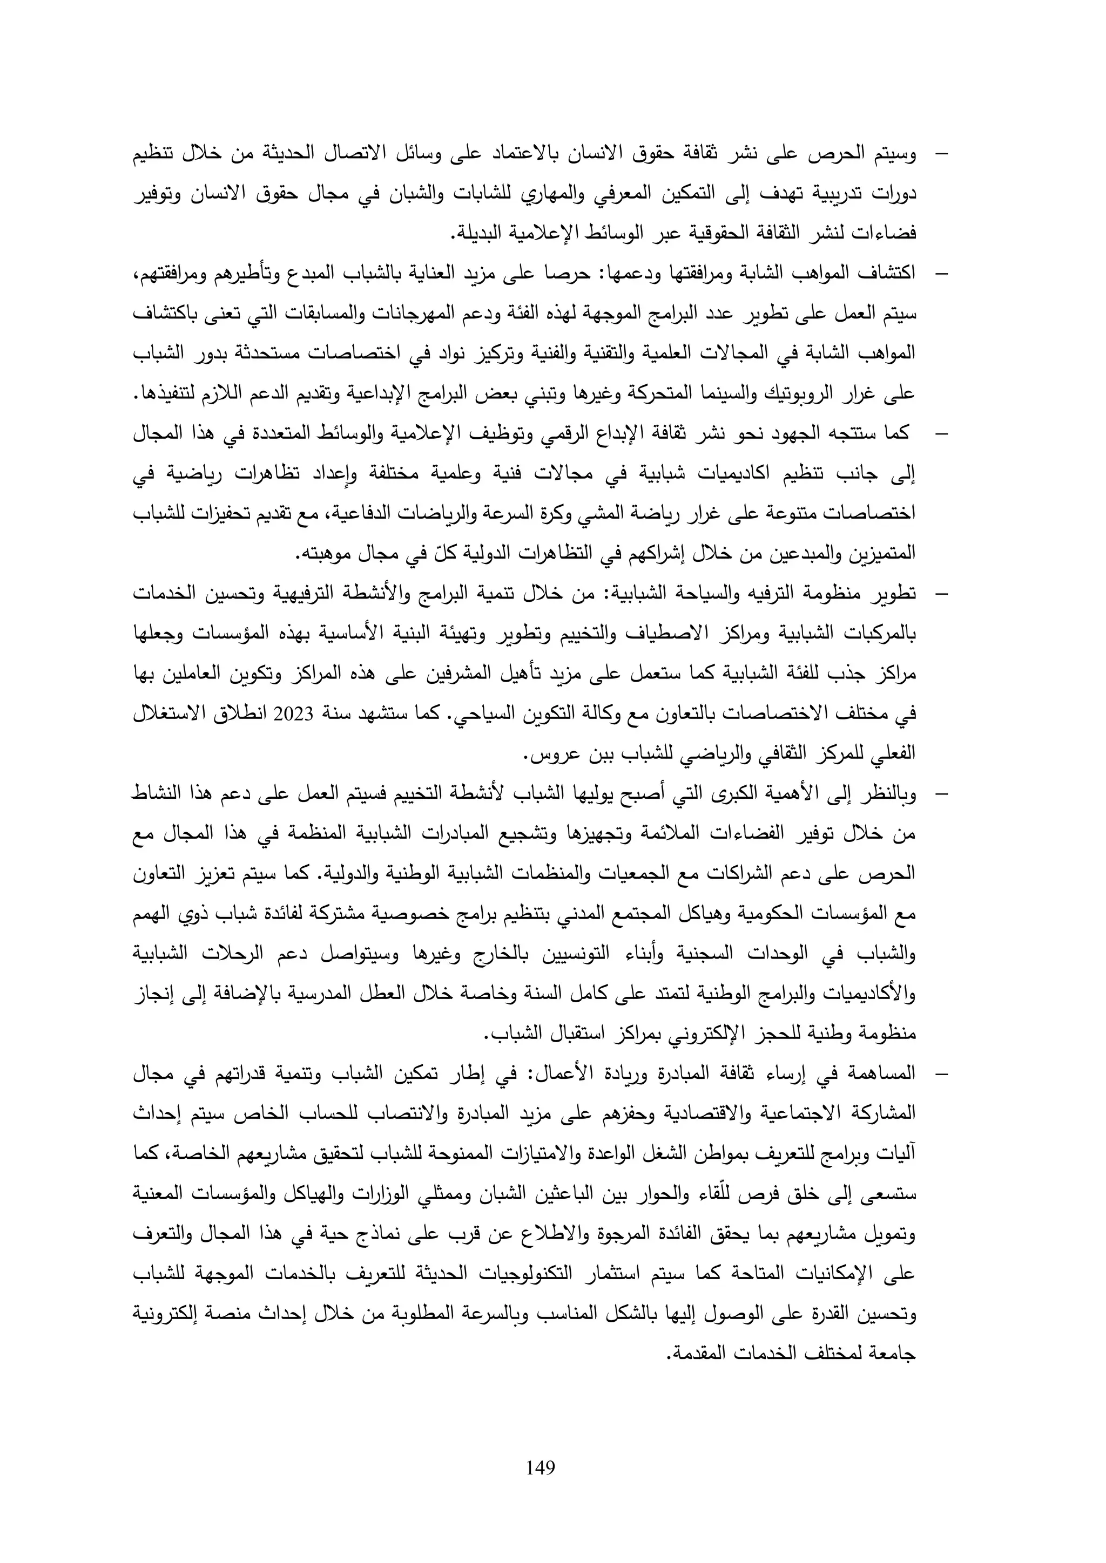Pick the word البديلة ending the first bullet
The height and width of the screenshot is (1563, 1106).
pyautogui.click(x=483, y=235)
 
